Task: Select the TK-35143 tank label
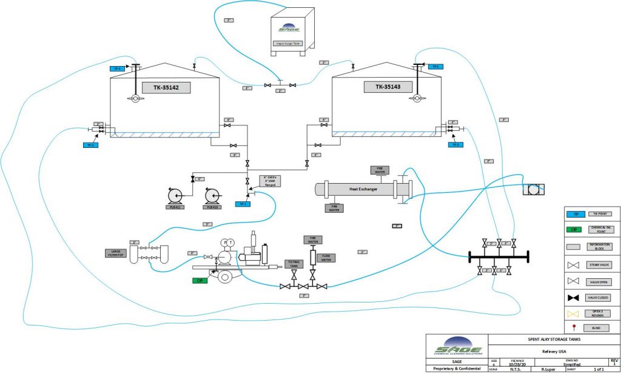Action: [388, 87]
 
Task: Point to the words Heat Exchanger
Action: [363, 189]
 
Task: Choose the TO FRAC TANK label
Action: [294, 264]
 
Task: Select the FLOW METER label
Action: [326, 258]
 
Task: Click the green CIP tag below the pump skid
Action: [200, 281]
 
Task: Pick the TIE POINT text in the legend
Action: [600, 215]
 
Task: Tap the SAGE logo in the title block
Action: [457, 347]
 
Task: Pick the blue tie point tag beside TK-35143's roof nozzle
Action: [434, 66]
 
